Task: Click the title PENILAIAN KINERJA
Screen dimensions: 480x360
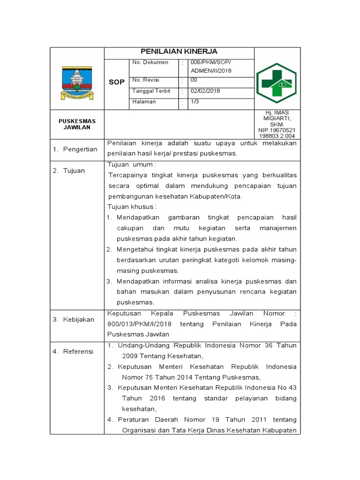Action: tap(179, 52)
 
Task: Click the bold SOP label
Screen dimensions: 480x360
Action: tap(117, 82)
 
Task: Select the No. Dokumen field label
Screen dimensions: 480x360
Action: tap(150, 62)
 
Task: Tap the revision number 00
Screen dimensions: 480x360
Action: tap(194, 80)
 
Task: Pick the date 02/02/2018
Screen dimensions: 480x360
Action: tap(205, 91)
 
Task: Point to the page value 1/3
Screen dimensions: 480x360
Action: tap(195, 101)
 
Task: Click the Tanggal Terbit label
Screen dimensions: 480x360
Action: tap(151, 91)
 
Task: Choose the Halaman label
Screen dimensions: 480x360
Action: tap(144, 102)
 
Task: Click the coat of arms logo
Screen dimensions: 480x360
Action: tap(77, 82)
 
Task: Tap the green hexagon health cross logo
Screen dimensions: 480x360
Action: tap(277, 83)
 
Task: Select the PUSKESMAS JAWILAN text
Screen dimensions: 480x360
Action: tap(77, 124)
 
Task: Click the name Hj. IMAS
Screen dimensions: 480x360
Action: tap(277, 112)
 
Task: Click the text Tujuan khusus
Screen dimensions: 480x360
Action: tap(132, 207)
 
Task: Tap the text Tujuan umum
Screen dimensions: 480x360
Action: tap(131, 165)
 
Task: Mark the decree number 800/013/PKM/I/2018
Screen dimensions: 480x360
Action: tap(139, 324)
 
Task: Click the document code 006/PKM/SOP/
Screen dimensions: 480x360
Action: tap(211, 62)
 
